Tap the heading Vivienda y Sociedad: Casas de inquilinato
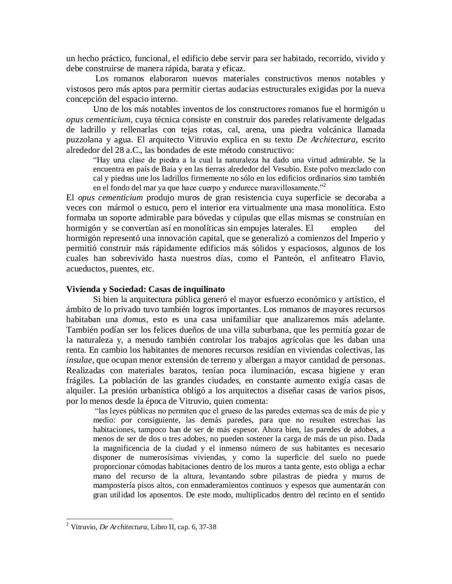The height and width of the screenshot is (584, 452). coord(146,289)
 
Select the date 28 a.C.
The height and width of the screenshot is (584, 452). coord(126,150)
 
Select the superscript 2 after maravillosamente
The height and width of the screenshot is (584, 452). coord(324,185)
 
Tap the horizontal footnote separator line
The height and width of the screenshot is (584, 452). coord(120,519)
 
